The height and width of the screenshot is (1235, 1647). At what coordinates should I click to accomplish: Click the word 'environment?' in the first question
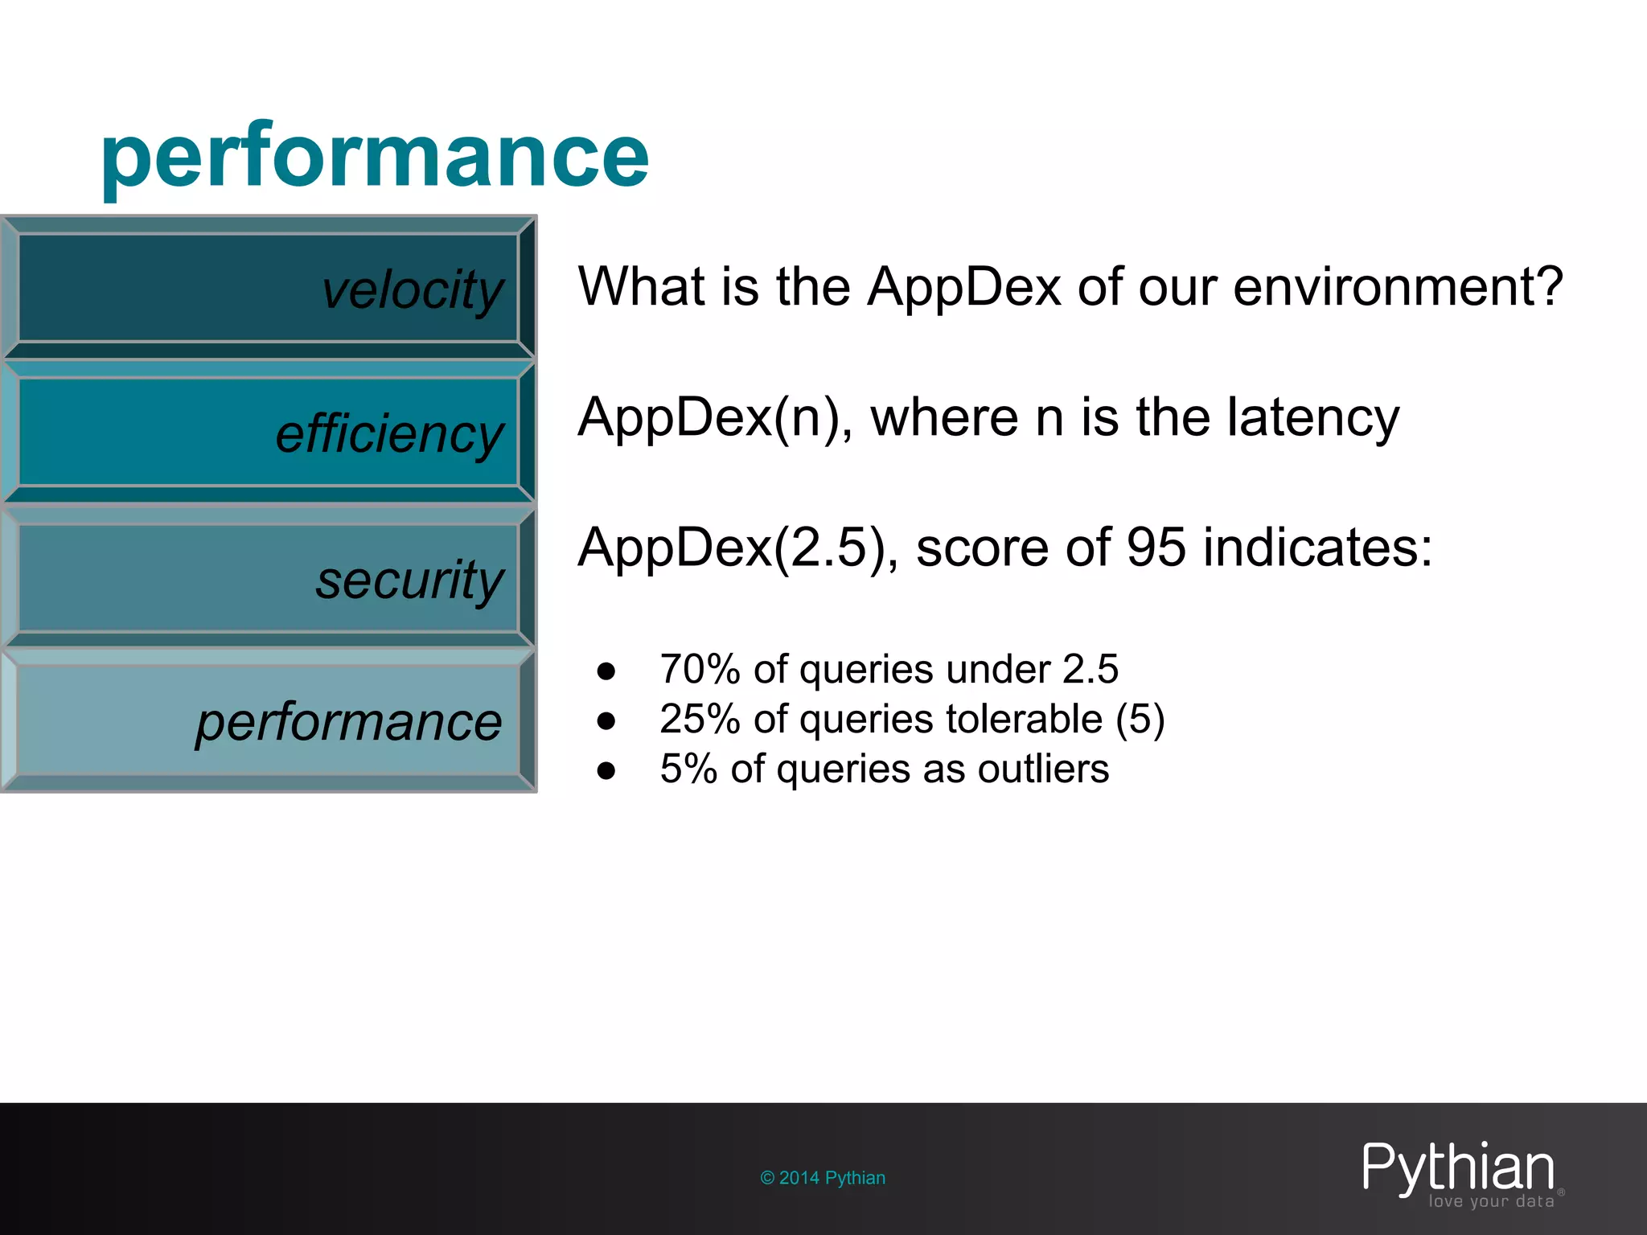tap(1398, 287)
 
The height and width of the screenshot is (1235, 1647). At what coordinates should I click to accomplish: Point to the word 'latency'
tap(1312, 418)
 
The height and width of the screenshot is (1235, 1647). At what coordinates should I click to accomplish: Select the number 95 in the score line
tap(1156, 548)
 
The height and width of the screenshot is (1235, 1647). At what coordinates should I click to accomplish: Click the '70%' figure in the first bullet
tap(700, 669)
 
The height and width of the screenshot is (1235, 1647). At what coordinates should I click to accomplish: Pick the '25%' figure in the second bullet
tap(700, 719)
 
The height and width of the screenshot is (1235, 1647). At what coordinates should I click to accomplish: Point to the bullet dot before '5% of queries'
tap(606, 771)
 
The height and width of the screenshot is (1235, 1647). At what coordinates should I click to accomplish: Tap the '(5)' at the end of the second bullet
tap(1140, 719)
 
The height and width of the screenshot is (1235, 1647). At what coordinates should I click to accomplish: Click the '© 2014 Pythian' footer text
tap(823, 1178)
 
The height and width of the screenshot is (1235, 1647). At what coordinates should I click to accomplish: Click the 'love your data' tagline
tap(1491, 1201)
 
